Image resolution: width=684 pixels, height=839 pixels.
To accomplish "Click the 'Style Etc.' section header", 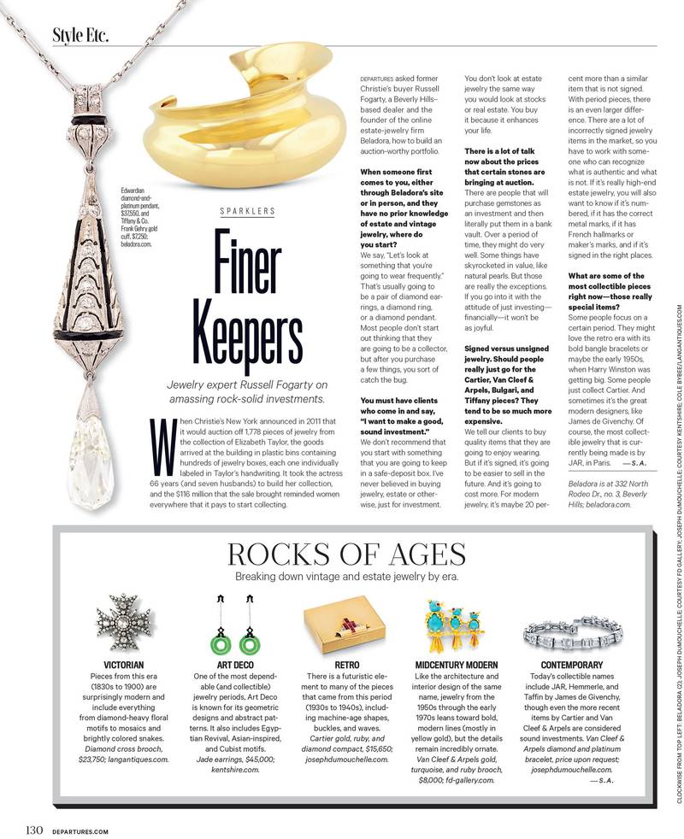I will [80, 35].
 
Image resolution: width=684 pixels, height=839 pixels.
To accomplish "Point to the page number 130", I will [34, 828].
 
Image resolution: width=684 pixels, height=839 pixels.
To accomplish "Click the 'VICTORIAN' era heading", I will [122, 689].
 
